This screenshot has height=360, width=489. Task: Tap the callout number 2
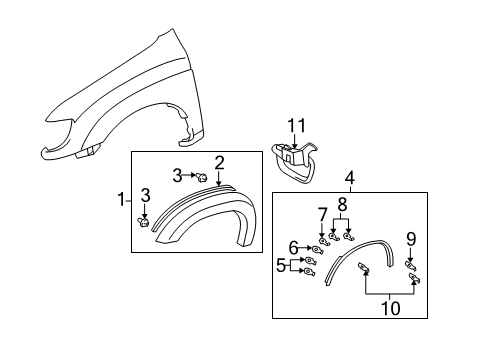tap(218, 161)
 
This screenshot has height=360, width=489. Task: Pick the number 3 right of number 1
tap(145, 194)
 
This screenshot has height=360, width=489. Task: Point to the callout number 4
tap(349, 179)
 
